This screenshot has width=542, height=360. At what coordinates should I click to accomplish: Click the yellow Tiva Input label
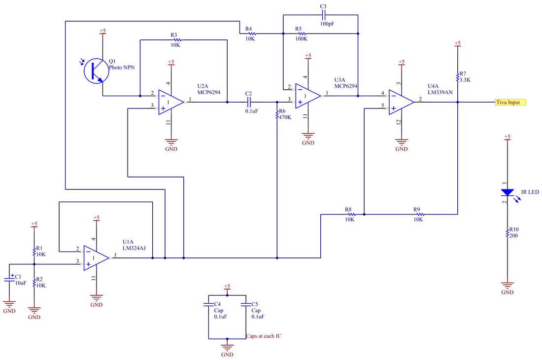pos(510,103)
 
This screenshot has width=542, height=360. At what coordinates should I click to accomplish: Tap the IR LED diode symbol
pos(508,193)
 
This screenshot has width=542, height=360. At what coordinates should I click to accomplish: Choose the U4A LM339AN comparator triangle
pos(401,102)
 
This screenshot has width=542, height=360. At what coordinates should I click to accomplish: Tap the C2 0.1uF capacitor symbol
pos(249,102)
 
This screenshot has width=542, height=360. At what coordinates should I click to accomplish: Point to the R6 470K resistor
pos(277,114)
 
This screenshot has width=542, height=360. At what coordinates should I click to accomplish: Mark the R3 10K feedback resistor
pos(175,40)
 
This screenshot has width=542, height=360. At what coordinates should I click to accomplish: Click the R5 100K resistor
pos(302,34)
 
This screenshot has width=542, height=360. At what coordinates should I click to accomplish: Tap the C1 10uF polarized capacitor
pos(9,279)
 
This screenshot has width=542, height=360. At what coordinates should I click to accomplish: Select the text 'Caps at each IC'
pos(264,336)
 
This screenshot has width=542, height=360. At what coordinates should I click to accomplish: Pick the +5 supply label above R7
pos(458,43)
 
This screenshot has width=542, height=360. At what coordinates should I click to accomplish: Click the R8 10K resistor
pos(350,215)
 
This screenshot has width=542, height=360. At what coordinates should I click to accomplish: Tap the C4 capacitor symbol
pos(208,305)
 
